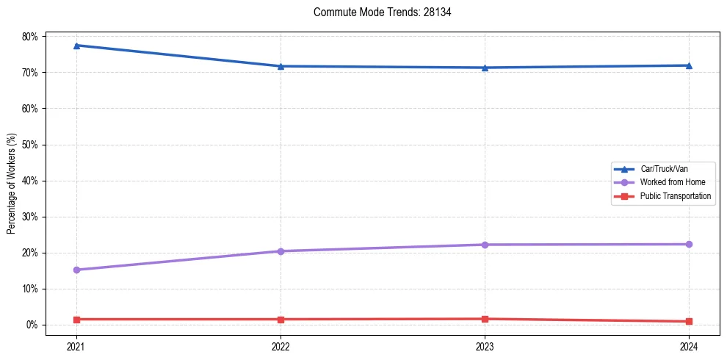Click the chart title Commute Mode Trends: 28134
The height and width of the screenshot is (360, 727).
377,12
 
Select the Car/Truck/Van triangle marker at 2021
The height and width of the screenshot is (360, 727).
76,46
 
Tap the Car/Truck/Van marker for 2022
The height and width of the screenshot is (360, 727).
281,66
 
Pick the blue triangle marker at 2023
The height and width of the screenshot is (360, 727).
485,68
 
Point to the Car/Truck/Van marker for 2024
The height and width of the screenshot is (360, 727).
689,65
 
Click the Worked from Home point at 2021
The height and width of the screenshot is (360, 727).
76,270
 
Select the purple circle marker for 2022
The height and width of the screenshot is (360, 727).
281,251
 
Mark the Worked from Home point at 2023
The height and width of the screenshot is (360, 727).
485,245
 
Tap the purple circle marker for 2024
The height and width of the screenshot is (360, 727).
689,244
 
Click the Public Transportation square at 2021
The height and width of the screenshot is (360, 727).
76,320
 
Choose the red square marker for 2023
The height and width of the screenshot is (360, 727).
485,319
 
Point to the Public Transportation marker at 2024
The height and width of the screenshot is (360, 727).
689,321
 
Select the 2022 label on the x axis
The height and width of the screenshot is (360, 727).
281,345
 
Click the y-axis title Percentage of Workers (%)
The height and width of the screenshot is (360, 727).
12,184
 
